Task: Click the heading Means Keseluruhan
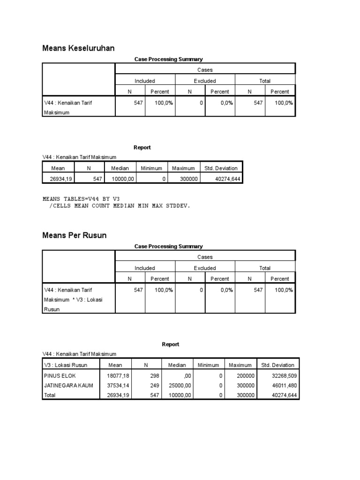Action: (78, 48)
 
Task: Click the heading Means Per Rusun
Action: (75, 235)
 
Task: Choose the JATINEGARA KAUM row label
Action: (68, 385)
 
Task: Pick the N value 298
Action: (155, 375)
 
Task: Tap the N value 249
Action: (155, 385)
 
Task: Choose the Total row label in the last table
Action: (49, 395)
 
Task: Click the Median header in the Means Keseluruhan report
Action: (120, 168)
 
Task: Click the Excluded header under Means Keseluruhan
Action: (205, 81)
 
